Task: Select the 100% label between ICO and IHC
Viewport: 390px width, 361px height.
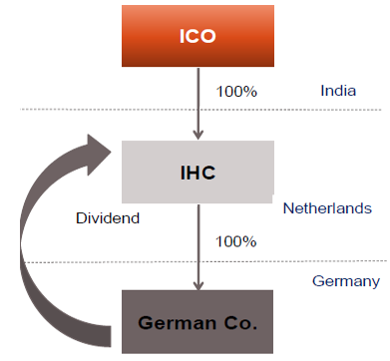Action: coord(236,91)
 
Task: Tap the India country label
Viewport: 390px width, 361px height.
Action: coord(338,91)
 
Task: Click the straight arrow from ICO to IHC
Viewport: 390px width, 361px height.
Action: coord(197,100)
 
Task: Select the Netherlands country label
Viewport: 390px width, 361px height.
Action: coord(327,208)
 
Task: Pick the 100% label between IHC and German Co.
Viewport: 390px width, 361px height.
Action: coord(236,240)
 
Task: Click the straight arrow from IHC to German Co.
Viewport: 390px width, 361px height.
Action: coord(197,244)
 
